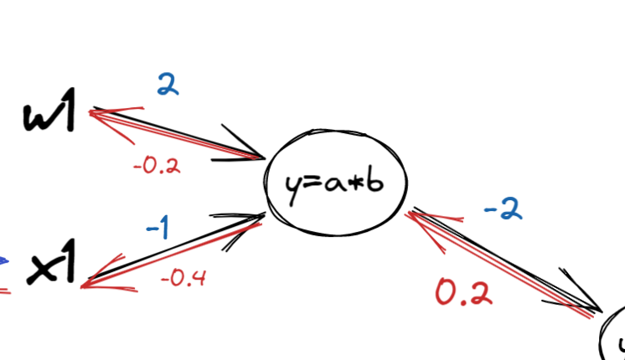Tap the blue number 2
coord(168,85)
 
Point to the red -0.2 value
coord(157,165)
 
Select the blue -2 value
coord(502,208)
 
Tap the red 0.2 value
coord(463,292)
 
